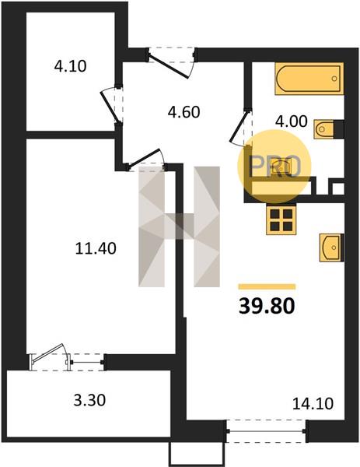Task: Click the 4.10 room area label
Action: pos(70,66)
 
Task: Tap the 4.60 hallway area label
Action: pos(183,112)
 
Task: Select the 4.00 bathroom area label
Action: pos(292,121)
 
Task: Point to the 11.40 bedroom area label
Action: pos(96,248)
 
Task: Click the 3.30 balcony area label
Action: pos(89,400)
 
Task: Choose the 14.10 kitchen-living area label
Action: pos(313,403)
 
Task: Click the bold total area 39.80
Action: pos(267,306)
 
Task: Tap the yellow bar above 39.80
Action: pos(267,286)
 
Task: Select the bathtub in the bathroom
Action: pos(309,79)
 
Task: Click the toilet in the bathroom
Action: pos(329,129)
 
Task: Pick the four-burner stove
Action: pos(281,219)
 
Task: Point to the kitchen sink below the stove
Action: pos(331,248)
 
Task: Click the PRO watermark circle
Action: pos(274,167)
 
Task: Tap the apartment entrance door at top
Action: pos(171,63)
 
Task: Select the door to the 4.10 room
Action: pos(112,105)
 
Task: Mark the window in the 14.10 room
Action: pos(266,431)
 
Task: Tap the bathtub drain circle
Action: pos(334,79)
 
